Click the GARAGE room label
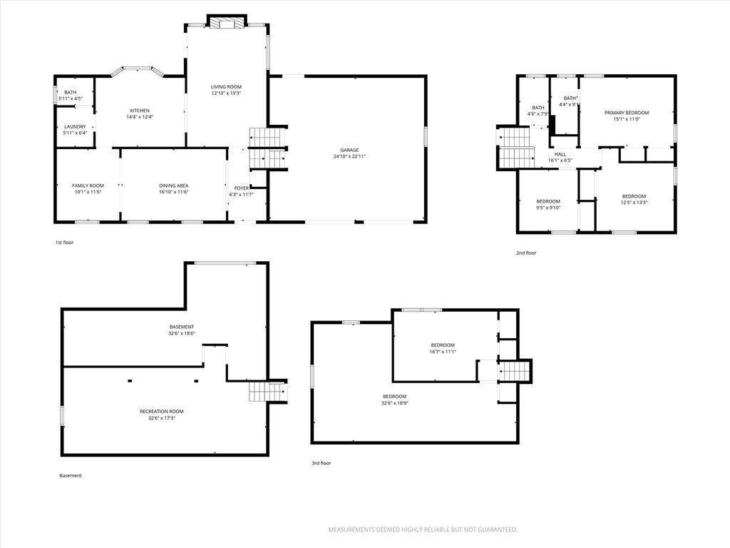[x=349, y=150]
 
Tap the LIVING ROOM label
[x=226, y=86]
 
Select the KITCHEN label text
[x=140, y=111]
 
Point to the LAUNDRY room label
[x=75, y=127]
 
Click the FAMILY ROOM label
[x=88, y=186]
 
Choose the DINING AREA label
[x=174, y=186]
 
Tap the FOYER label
[x=241, y=188]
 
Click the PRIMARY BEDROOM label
[x=627, y=113]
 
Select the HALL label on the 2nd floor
[x=560, y=154]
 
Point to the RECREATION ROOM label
[x=162, y=412]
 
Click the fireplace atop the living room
[x=227, y=22]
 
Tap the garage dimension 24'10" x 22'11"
[x=349, y=156]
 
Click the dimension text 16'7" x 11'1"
[x=442, y=352]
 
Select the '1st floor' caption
[x=64, y=243]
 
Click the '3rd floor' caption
[x=322, y=463]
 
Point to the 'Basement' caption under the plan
[x=71, y=475]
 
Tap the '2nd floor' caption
[x=526, y=253]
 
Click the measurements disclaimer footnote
[x=423, y=529]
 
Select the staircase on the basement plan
[x=268, y=392]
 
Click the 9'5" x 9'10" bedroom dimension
[x=548, y=208]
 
